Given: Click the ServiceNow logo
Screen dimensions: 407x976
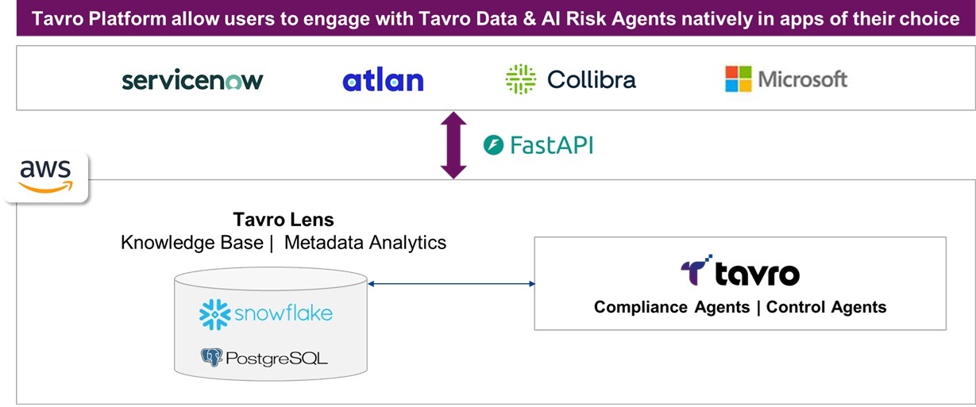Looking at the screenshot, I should tap(192, 80).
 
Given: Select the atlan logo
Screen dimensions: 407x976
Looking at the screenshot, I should tap(383, 80).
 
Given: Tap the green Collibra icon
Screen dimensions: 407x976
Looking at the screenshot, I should tap(521, 79).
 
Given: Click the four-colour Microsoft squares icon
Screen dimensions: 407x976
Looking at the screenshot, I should tap(738, 79).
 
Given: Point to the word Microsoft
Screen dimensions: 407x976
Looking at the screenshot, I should tap(803, 79).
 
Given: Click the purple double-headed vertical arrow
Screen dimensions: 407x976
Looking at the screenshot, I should tap(453, 145).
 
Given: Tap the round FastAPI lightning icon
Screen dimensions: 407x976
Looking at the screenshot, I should tap(494, 145).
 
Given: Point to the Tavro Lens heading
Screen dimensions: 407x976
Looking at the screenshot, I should tap(284, 219).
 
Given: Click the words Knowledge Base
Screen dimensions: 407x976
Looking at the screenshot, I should tap(191, 242).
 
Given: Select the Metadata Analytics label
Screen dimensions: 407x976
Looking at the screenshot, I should tap(365, 242).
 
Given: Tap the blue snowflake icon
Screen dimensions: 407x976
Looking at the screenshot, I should tap(215, 314).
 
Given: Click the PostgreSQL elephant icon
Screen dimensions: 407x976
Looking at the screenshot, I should tap(212, 358).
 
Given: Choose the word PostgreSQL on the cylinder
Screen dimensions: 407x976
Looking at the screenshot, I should tap(276, 359).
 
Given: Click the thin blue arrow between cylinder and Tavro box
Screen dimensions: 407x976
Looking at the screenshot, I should tap(451, 282).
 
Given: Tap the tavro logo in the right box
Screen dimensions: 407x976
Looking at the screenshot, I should tap(739, 272).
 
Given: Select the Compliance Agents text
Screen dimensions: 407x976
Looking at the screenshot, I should tap(672, 307).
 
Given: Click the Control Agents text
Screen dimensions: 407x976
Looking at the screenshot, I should tap(826, 307).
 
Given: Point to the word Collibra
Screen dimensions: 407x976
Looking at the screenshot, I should tap(591, 79).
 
